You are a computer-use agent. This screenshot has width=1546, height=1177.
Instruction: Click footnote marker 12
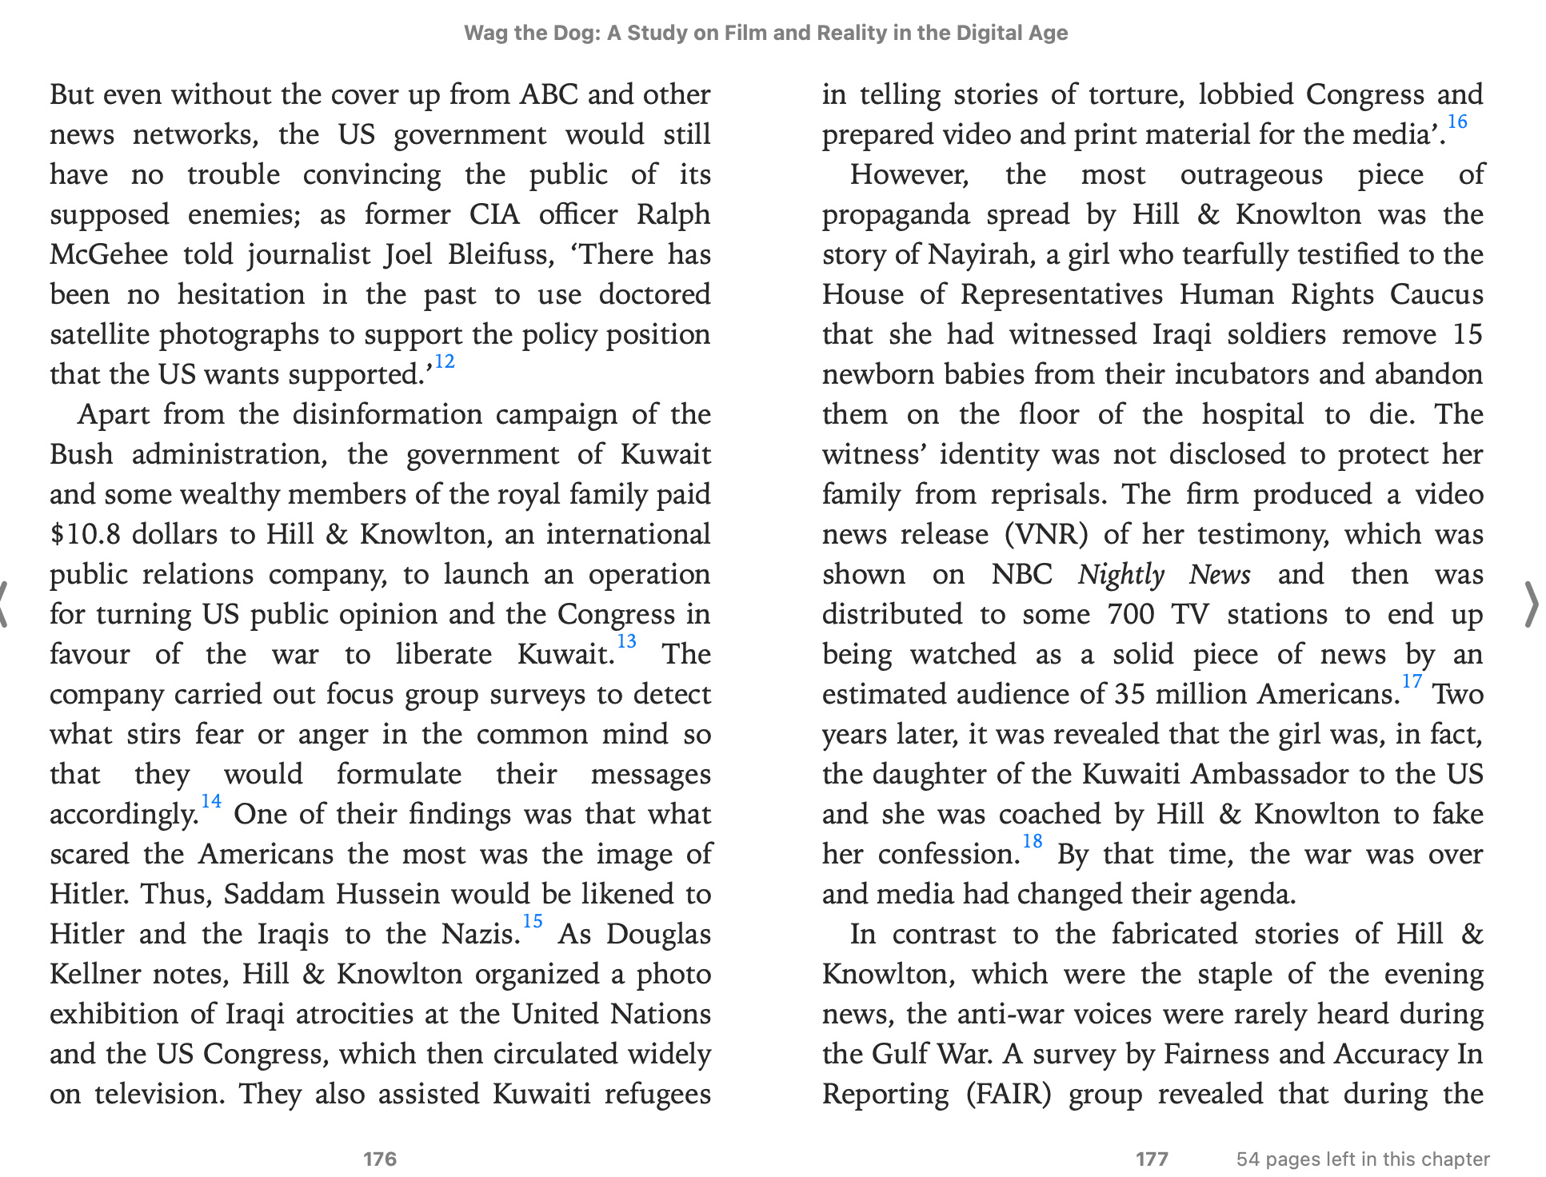[x=444, y=362]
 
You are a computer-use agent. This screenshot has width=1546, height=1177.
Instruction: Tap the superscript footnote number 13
[x=626, y=642]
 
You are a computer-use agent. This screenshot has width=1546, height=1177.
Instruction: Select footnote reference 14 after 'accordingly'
[x=211, y=802]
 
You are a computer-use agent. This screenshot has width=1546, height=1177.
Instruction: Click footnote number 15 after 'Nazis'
[x=533, y=922]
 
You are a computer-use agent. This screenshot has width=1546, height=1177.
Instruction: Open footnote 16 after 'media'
[x=1457, y=122]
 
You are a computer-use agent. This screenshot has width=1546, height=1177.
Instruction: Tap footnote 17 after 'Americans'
[x=1412, y=682]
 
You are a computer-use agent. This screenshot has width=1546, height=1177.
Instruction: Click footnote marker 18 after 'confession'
[x=1032, y=842]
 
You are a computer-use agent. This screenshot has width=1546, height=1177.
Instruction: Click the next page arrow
[x=1530, y=604]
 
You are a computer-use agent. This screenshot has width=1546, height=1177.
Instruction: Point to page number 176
[x=380, y=1159]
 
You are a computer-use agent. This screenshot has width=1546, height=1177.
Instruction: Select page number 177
[x=1152, y=1159]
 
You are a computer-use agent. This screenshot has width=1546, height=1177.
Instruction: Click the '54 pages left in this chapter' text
[x=1363, y=1159]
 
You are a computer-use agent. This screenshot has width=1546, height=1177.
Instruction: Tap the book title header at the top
[x=765, y=33]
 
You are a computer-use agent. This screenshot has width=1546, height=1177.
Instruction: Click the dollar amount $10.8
[x=85, y=534]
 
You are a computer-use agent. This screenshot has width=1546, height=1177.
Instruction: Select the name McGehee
[x=109, y=254]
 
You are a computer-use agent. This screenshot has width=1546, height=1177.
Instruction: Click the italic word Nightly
[x=1121, y=574]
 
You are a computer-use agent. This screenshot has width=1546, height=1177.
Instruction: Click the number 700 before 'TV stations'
[x=1130, y=614]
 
